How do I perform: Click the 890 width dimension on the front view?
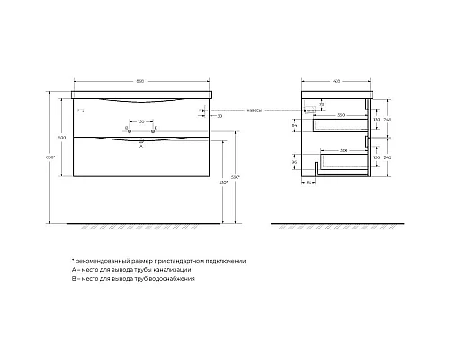pos(142,81)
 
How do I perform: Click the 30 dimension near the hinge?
pos(220,116)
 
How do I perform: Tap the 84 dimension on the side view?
pos(296,127)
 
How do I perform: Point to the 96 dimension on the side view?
pos(296,164)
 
